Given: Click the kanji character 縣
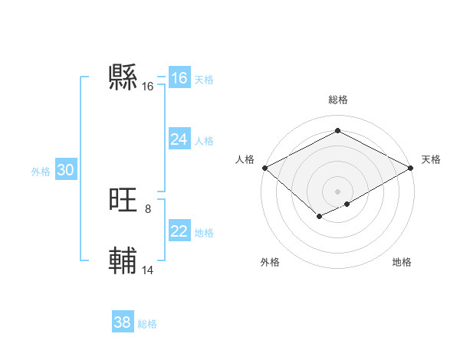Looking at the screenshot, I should coord(123,77).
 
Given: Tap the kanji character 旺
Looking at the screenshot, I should coord(123,201).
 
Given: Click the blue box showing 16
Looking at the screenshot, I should coord(179,78).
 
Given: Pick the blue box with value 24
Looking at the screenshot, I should coord(179,139).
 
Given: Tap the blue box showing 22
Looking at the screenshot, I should coord(179,231).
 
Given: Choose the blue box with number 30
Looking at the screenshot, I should coord(65,171).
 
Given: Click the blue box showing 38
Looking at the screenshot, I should coord(123,322).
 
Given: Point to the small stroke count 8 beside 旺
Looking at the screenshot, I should coord(148,208).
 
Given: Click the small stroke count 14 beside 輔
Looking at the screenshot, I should coord(148,270).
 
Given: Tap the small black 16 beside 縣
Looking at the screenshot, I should coord(148,87).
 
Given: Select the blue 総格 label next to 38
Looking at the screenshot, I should coord(147,324).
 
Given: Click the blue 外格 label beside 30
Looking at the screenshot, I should coord(41,172).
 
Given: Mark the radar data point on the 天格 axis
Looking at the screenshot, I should coord(411,168).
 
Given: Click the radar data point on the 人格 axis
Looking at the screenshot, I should coord(264,168).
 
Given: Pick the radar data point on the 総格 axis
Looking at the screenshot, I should coord(337,131).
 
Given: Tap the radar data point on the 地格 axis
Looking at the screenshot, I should coord(347,204).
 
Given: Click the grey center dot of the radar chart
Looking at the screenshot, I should coord(337,191).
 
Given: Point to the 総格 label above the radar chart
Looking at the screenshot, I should coord(337,100).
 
